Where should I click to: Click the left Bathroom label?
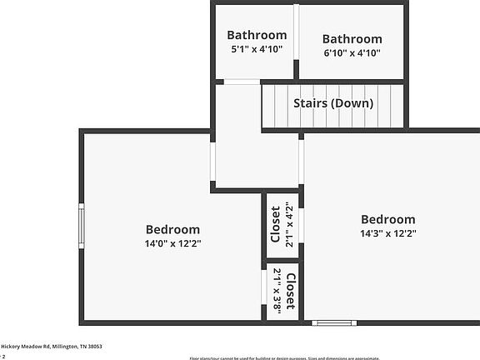coord(257,35)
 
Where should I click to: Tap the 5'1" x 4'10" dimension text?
coord(257,49)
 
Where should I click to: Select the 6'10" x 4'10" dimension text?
coord(352,52)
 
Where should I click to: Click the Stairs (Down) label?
coord(333,103)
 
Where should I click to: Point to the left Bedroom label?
coord(172,230)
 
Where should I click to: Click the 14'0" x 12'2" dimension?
coord(172,244)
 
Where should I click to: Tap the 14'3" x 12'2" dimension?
coord(387,234)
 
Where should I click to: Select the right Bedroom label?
coord(387,220)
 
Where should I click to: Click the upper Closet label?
coord(276,222)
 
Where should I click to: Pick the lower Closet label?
coord(290,290)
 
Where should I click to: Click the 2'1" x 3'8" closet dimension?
coord(277,290)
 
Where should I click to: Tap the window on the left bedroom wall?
coord(82,226)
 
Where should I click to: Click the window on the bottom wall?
coord(334,322)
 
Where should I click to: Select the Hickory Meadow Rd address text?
coord(51,346)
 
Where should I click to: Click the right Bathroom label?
coord(352,38)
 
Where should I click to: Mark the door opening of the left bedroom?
coord(212,163)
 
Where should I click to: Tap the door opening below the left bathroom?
coord(240,82)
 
